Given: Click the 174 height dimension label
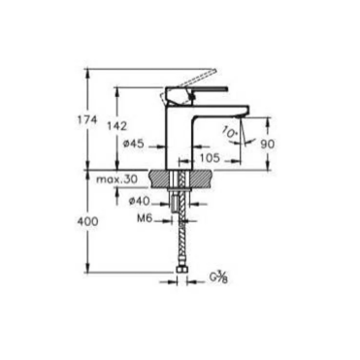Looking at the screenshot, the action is coord(87,120).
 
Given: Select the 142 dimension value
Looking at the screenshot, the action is coord(117,125).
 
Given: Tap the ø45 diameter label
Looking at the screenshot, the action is coord(133,143).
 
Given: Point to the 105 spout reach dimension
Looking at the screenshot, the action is coord(210,157).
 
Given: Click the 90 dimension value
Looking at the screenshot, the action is coord(268,144).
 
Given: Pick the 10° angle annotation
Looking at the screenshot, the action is coord(230,132).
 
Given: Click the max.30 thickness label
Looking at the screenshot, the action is coord(116,179).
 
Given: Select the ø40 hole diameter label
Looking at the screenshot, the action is coord(139,201).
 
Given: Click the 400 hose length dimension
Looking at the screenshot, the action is coord(87,221).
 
